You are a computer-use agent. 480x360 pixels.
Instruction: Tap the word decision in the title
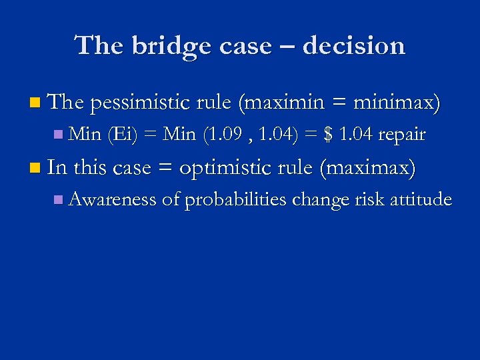click(353, 47)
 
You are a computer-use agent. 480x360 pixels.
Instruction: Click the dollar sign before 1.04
click(327, 135)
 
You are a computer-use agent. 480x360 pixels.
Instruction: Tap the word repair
click(401, 135)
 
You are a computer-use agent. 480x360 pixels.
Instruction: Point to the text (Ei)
click(122, 135)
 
